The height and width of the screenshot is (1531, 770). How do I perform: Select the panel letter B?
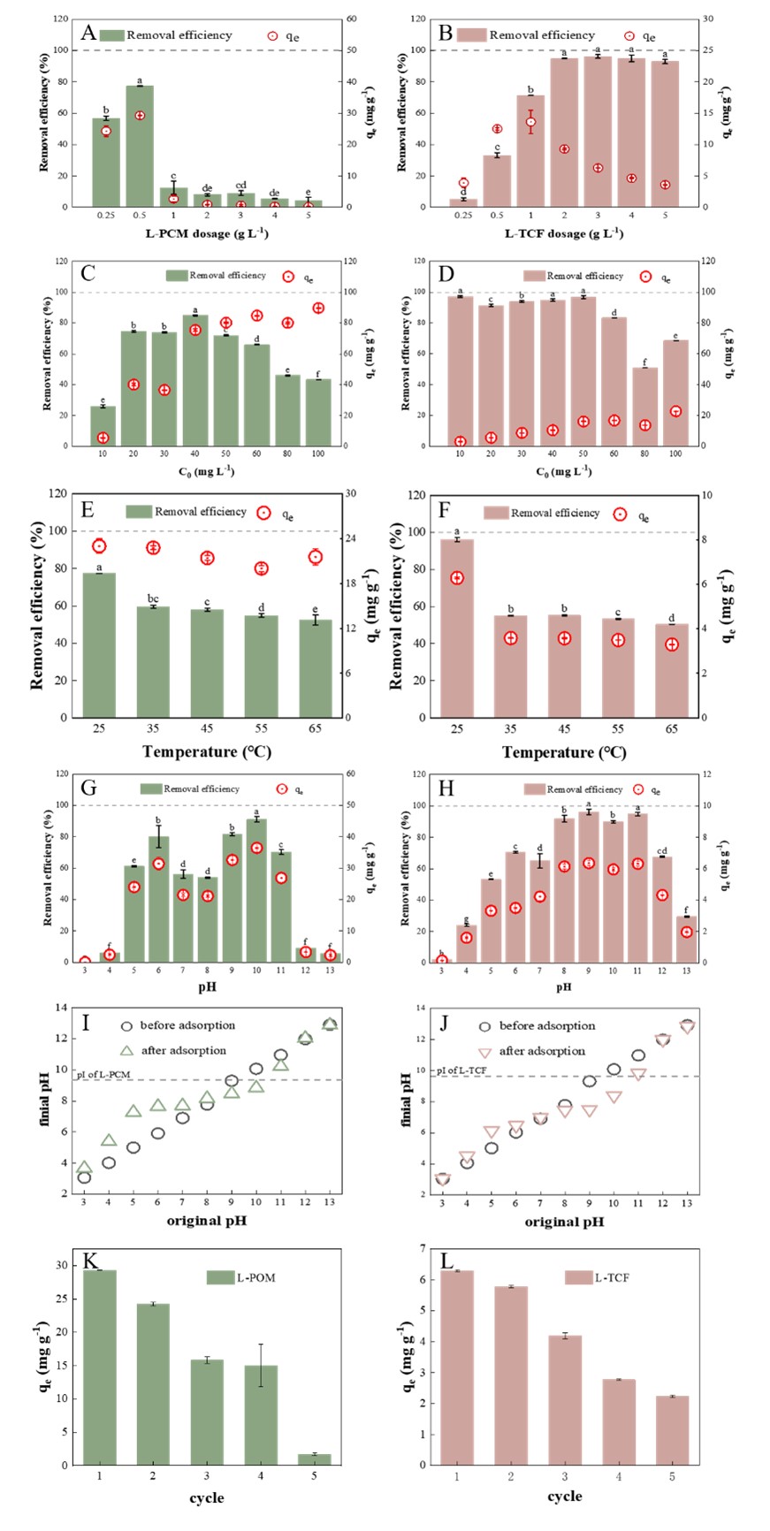[446, 34]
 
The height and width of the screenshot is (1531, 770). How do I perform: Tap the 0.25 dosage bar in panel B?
[463, 202]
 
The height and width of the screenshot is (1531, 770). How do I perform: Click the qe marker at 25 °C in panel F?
[457, 578]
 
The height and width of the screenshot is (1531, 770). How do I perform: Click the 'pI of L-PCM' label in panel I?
[103, 1075]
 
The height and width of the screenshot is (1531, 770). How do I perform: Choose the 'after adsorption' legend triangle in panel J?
[484, 1052]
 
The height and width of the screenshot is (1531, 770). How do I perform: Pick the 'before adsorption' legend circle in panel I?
[126, 1026]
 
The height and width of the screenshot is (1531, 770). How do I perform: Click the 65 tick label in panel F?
[672, 729]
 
